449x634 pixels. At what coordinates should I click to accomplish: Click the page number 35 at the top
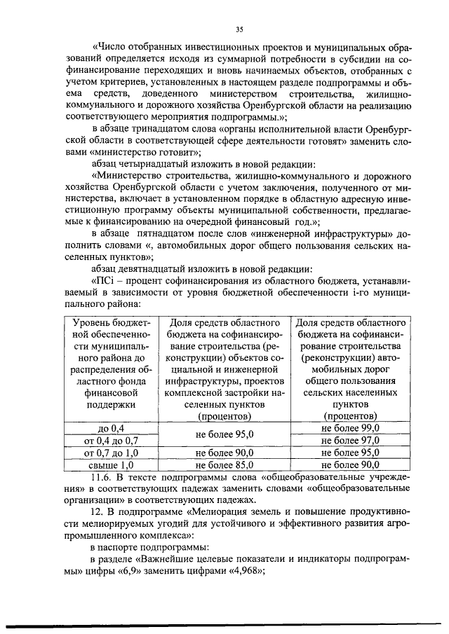click(239, 29)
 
